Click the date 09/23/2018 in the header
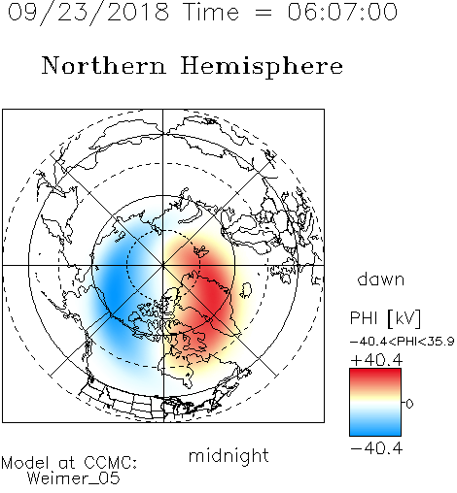[88, 13]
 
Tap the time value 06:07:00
[342, 12]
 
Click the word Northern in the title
[104, 65]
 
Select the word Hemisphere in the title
[262, 67]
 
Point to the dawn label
[381, 279]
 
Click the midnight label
[228, 456]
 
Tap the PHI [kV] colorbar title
[385, 318]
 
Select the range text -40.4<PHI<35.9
[403, 342]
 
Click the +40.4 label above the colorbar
[376, 360]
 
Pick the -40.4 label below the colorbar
[376, 448]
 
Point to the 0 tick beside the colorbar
[409, 404]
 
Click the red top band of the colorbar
[375, 376]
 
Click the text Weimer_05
[74, 478]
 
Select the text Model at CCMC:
[69, 463]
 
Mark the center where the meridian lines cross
[163, 265]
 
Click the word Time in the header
[211, 12]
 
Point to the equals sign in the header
[264, 13]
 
